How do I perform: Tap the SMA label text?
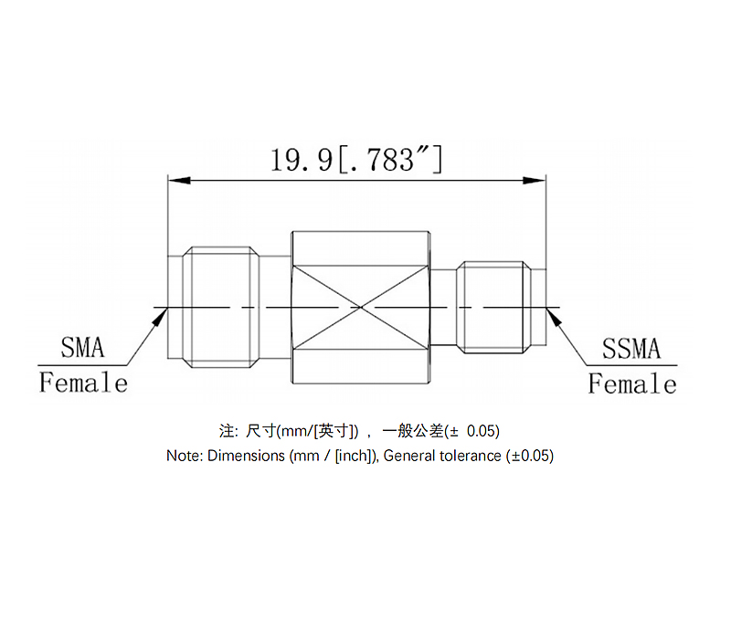(x=82, y=348)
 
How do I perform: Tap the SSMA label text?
(x=630, y=349)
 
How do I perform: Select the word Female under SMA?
(x=83, y=383)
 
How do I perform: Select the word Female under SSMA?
(x=632, y=384)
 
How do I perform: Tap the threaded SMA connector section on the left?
(x=219, y=307)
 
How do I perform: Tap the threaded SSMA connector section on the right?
(x=493, y=307)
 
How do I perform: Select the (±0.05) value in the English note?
(x=530, y=455)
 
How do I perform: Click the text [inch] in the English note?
(x=352, y=455)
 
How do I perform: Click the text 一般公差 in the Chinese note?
(x=411, y=430)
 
